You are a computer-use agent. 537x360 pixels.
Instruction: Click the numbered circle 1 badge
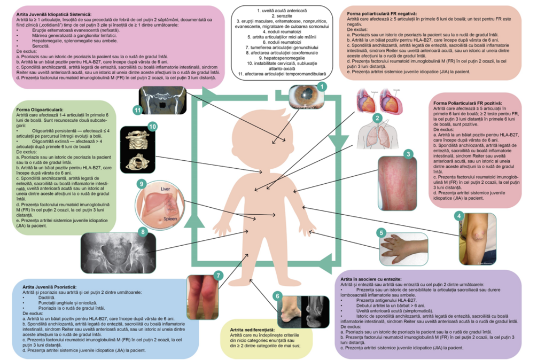pos(322,85)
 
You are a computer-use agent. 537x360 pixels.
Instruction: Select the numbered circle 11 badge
pos(137,110)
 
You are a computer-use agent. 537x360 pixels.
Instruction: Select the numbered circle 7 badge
pos(217,275)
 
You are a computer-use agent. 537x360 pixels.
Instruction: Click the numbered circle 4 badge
pos(458,216)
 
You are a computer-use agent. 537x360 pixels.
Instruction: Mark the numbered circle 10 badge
pos(152,127)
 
